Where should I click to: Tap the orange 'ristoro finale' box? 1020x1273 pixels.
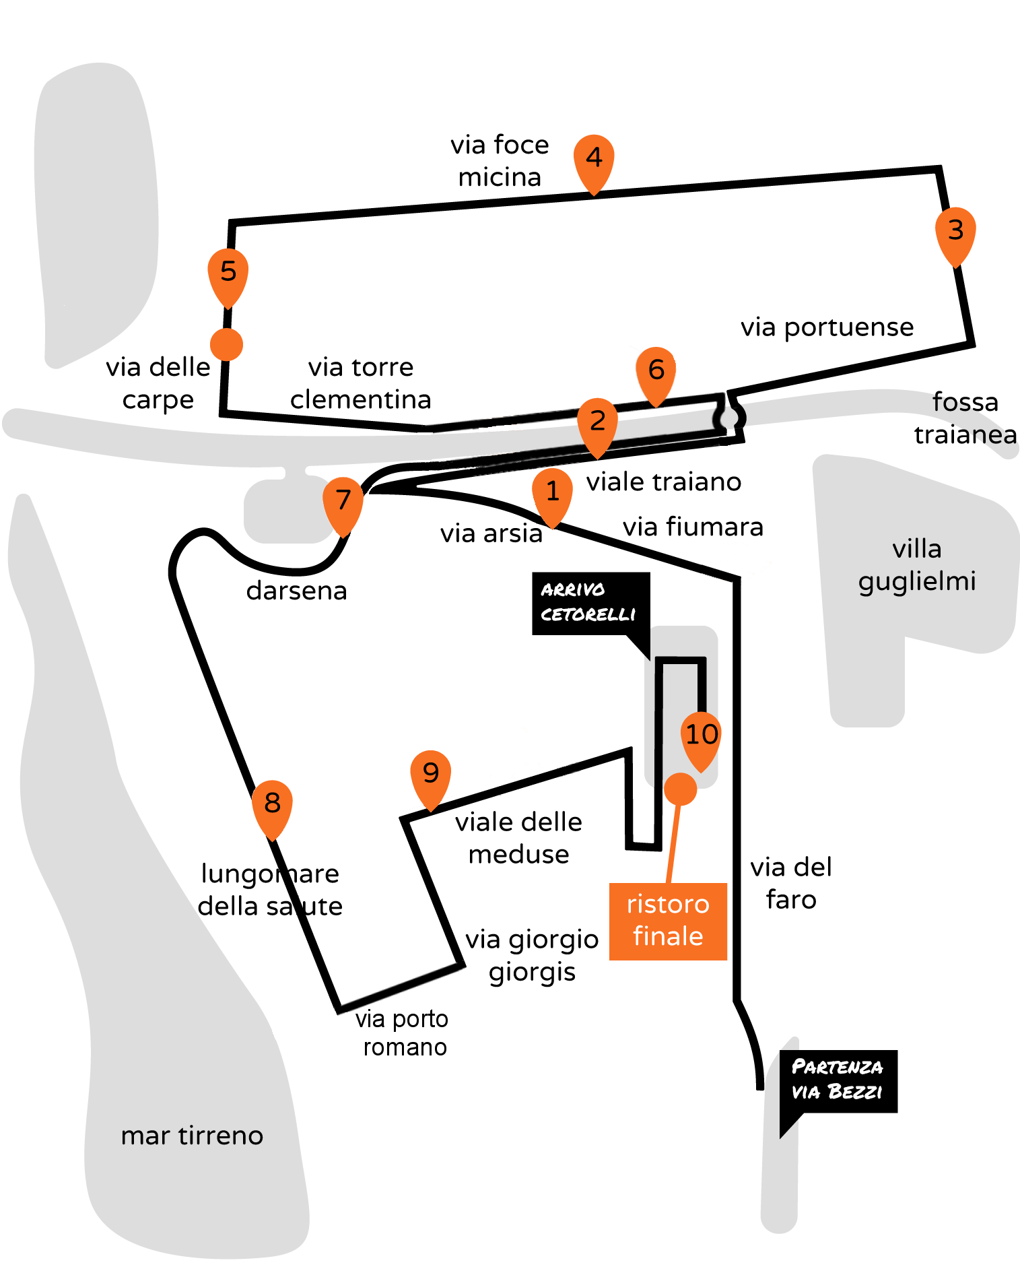coord(668,921)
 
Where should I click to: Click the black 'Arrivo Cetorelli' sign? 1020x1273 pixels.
coord(590,603)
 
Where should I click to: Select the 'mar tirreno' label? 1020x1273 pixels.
coord(192,1135)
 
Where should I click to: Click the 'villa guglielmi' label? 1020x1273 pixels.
coord(917,564)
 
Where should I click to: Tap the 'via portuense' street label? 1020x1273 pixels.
coord(827,327)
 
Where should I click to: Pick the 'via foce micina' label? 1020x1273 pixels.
coord(500,160)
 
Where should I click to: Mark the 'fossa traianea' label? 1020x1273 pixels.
coord(965,418)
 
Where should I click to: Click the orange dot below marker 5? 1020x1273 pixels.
coord(226,344)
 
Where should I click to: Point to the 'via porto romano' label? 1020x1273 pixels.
coord(402,1033)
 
